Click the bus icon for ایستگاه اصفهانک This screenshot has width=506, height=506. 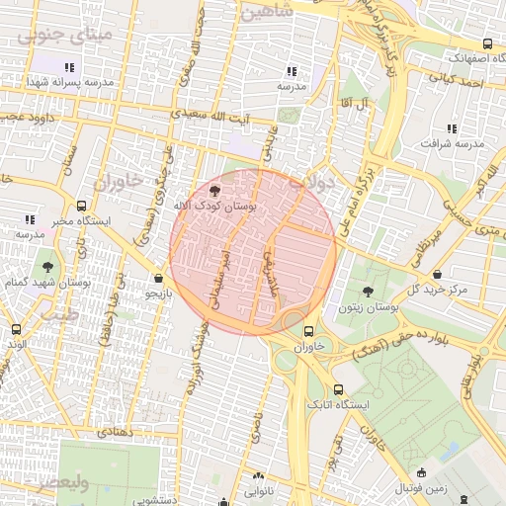(x=487, y=44)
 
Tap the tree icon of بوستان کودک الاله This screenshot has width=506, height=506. (x=216, y=190)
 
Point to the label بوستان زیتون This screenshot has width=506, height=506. (x=367, y=308)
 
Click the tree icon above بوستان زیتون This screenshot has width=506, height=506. (x=368, y=292)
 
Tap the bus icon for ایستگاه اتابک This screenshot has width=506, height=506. (x=340, y=389)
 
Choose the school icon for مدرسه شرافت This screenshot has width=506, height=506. (x=452, y=128)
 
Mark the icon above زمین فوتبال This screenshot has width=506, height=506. (x=422, y=472)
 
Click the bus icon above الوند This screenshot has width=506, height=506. (x=15, y=328)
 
